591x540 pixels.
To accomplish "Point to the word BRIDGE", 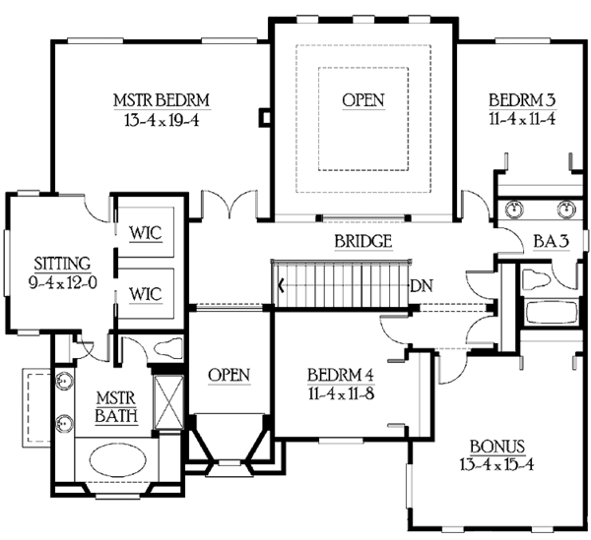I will (x=364, y=242).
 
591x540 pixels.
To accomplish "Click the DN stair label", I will (x=422, y=287).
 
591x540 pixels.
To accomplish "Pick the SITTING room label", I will (x=61, y=263).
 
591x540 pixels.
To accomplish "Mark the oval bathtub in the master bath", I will (x=124, y=462).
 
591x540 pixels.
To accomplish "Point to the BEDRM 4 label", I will (x=339, y=376).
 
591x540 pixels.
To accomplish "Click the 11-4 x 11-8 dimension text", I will (x=339, y=394).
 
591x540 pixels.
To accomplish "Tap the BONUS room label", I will (x=496, y=445).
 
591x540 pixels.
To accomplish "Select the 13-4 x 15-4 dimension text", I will (x=496, y=463).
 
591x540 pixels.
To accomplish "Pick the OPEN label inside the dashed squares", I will (x=363, y=100).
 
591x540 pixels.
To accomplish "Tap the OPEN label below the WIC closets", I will (x=229, y=376).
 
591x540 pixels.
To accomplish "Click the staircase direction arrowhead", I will (x=282, y=287).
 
